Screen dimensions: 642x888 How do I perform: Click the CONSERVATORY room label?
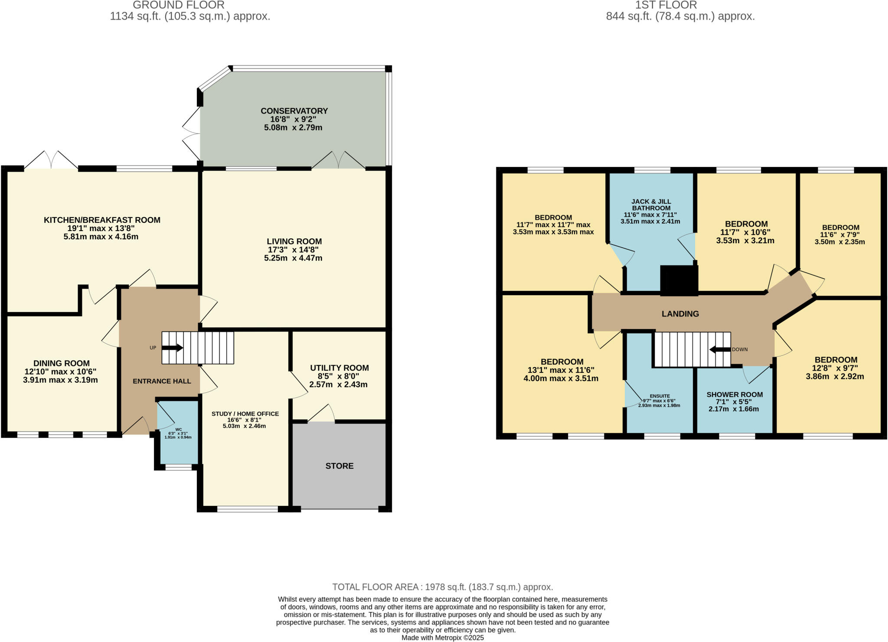294,111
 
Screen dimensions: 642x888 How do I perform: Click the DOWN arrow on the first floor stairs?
720,349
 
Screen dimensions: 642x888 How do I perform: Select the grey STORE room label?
340,466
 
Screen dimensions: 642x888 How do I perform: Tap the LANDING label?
680,314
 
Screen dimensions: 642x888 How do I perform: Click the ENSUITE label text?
659,396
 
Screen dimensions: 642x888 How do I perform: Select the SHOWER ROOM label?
735,394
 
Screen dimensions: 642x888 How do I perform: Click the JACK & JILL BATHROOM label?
651,205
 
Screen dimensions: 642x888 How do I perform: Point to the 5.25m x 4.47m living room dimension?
293,258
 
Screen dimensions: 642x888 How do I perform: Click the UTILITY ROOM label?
339,368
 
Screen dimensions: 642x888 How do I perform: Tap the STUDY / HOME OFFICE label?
245,414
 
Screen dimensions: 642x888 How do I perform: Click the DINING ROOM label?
62,363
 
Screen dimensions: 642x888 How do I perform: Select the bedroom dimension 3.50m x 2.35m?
840,242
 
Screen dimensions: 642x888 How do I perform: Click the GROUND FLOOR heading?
179,5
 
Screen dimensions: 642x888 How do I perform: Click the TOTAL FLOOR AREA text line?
442,587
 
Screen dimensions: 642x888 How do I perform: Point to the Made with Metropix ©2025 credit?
442,638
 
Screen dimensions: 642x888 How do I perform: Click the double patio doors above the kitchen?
51,160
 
